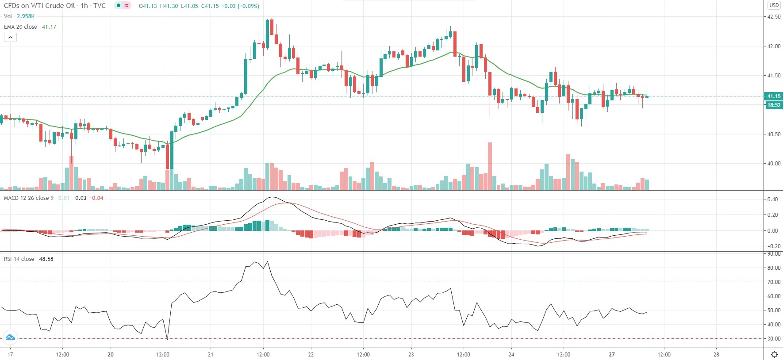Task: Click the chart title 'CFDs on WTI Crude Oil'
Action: (x=39, y=6)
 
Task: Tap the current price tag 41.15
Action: (x=773, y=96)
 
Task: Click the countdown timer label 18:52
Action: (x=773, y=105)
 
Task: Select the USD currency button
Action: (x=774, y=5)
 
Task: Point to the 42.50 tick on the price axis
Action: (x=773, y=17)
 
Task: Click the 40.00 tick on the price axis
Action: (x=773, y=164)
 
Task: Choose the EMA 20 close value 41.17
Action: (x=49, y=27)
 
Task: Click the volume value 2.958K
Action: (x=26, y=16)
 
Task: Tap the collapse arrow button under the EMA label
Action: (x=10, y=38)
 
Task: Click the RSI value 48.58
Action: (x=46, y=259)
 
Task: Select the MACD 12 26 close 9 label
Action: (x=28, y=198)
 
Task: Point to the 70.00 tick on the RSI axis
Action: (x=773, y=282)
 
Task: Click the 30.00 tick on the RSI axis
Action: (x=773, y=339)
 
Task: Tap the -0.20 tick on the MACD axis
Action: (x=772, y=246)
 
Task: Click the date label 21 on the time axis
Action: (x=211, y=354)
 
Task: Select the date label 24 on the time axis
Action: (x=511, y=354)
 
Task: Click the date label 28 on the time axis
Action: (x=716, y=354)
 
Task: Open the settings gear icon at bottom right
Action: (x=774, y=355)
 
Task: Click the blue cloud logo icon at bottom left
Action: (x=10, y=338)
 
